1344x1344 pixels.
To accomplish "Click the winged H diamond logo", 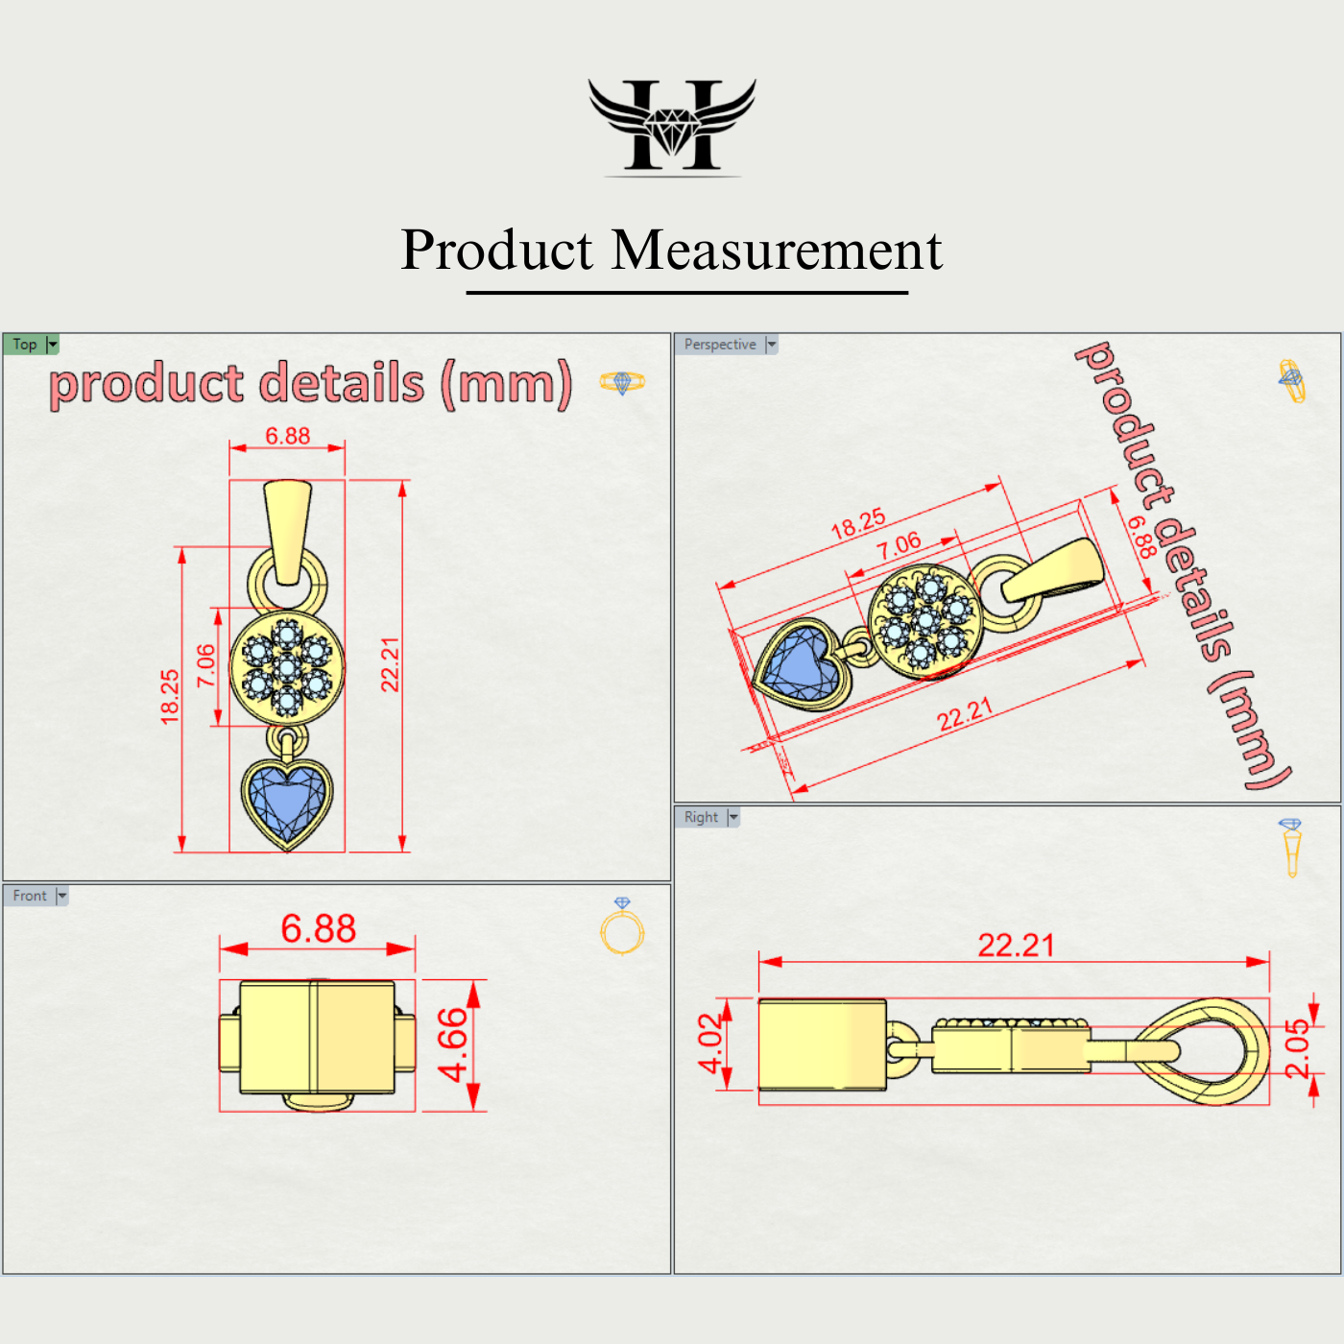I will click(672, 126).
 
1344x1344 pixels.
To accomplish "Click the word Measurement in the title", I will click(777, 251).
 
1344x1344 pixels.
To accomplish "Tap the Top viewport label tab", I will click(25, 345).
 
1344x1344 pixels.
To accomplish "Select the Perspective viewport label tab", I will click(720, 345).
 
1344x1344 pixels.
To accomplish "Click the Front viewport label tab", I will click(30, 896).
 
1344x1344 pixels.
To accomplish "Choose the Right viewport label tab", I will click(701, 817).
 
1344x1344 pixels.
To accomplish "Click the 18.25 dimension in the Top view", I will click(170, 696).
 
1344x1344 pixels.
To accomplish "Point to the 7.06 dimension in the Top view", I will click(206, 665).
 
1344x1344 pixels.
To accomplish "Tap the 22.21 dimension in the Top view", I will click(390, 664).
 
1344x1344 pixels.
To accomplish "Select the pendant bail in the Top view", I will click(287, 531).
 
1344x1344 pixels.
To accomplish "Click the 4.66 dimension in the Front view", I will click(452, 1044).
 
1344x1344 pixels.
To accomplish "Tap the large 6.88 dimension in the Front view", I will click(318, 928).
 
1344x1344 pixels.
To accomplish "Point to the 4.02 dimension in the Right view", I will click(710, 1044).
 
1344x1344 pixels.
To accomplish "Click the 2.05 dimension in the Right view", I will click(1297, 1049).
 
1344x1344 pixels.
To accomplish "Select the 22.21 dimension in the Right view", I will click(1016, 946).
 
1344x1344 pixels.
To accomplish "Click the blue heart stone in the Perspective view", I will click(800, 663).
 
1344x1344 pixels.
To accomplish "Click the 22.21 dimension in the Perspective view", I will click(964, 715).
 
